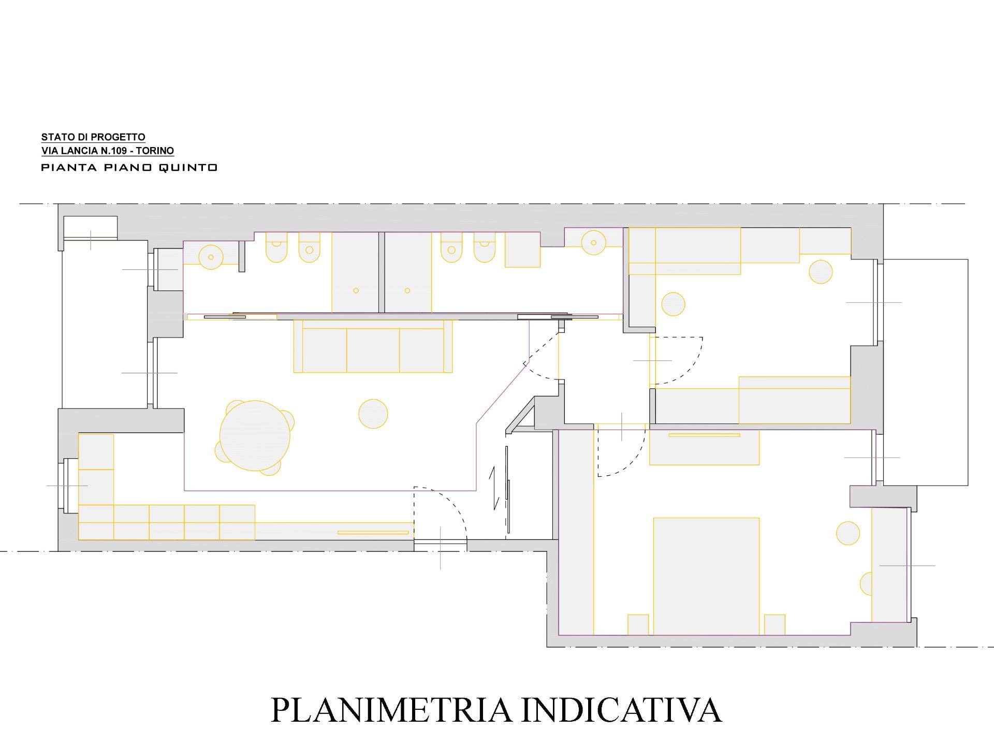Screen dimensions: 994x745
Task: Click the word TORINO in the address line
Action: coord(155,151)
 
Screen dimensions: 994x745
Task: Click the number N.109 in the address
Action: coord(110,151)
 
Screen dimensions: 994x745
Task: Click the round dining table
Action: coord(255,435)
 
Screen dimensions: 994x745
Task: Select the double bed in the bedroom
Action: coord(706,576)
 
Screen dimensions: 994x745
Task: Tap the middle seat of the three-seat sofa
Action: coord(373,350)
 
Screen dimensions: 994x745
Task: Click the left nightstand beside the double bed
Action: coord(638,624)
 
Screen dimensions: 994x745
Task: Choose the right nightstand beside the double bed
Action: coord(774,624)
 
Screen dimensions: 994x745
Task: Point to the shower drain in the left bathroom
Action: coord(356,290)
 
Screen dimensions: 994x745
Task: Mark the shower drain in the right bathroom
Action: coord(407,290)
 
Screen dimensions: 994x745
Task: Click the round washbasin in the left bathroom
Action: coord(211,257)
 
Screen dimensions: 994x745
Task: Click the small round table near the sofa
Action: coord(373,414)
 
